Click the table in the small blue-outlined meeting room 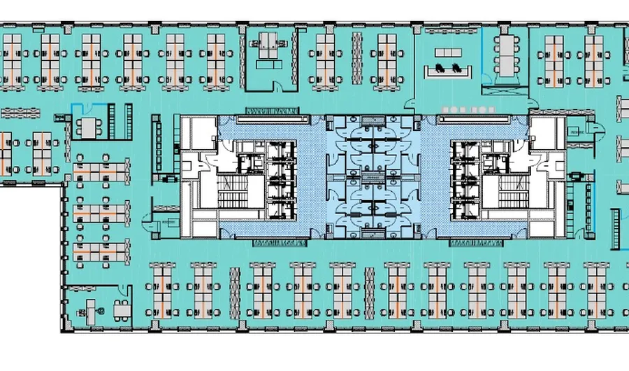click(x=89, y=127)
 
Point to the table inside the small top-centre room click(x=268, y=47)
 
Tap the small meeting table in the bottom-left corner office click(x=122, y=308)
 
